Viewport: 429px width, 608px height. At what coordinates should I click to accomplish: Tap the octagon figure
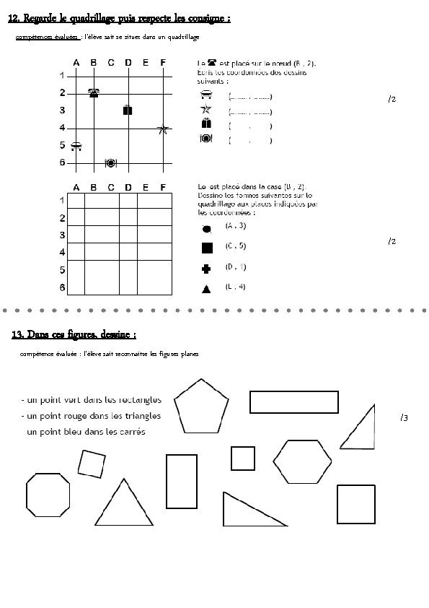coord(48,498)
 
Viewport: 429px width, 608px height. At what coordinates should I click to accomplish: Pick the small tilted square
coord(92,463)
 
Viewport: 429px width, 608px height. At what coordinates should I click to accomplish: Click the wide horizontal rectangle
coord(294,401)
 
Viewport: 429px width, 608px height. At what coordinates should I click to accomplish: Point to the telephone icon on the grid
coord(94,92)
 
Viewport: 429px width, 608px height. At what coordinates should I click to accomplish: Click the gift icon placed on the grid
coord(128,110)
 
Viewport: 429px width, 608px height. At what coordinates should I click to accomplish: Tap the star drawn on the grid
coord(163,129)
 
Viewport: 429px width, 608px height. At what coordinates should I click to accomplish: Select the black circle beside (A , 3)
coord(206,229)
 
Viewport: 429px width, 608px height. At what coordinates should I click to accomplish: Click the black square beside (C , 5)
coord(206,248)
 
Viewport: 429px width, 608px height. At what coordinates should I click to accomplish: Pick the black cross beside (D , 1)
coord(206,269)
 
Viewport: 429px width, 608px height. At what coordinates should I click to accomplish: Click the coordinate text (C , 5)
coord(236,246)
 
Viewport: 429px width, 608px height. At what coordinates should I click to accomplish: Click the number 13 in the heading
coord(18,335)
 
